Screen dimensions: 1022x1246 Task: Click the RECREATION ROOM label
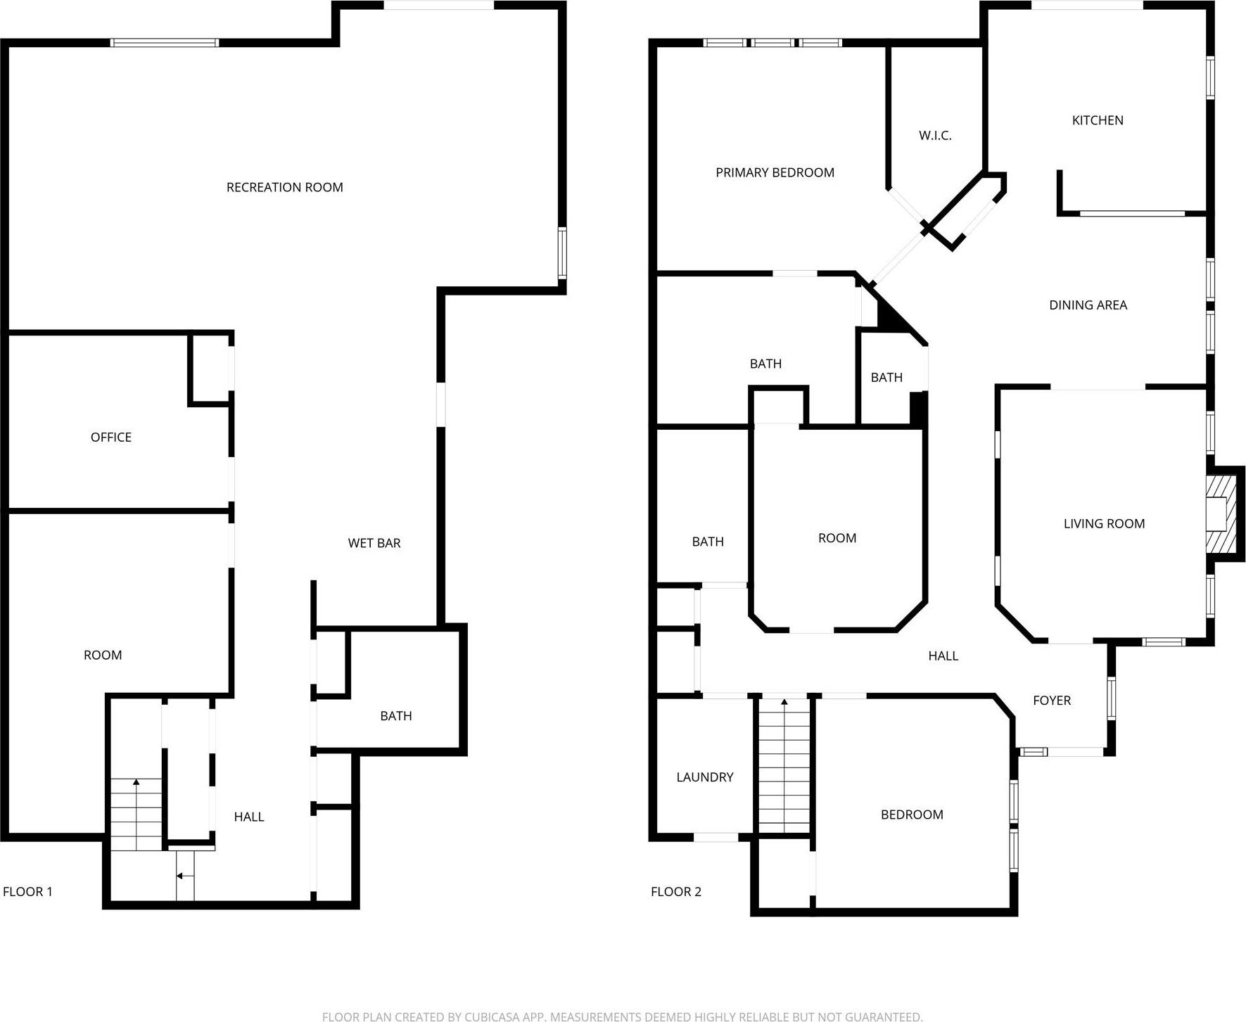click(284, 187)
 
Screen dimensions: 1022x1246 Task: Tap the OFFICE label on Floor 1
click(111, 437)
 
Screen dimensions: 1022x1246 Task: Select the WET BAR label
click(374, 543)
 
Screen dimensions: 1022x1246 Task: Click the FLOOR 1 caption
click(27, 891)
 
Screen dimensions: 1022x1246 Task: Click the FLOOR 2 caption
click(675, 891)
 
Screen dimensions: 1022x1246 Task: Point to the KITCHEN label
click(1097, 120)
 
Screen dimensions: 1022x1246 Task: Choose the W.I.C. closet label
click(934, 135)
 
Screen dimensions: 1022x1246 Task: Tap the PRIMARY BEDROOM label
click(775, 172)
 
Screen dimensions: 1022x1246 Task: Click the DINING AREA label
click(1088, 305)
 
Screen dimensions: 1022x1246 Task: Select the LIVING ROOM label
click(1103, 523)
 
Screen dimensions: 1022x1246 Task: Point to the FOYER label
click(1051, 700)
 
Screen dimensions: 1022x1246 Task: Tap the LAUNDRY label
click(704, 777)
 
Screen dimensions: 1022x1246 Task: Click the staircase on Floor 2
click(784, 767)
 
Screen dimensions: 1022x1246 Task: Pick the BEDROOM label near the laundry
click(911, 814)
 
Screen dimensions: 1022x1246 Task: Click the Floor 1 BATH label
click(395, 715)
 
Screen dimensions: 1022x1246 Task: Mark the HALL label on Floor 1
click(248, 816)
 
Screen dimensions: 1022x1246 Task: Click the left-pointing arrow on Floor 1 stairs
click(181, 876)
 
